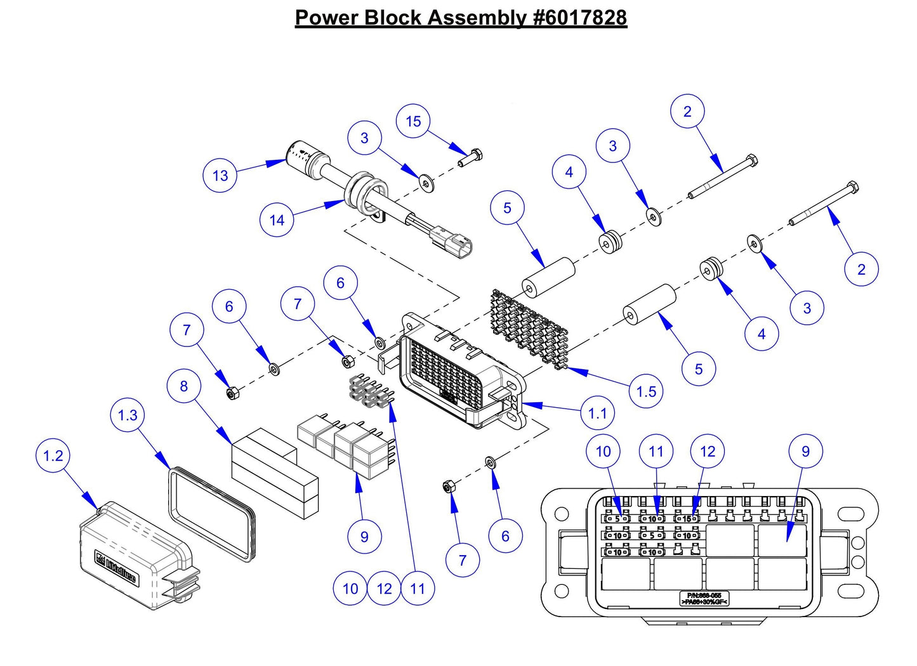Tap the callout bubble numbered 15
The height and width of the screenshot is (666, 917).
coord(413,121)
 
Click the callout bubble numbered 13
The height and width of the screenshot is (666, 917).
coord(220,175)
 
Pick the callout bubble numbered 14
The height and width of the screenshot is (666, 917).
coord(277,220)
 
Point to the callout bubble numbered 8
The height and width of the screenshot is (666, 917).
coord(184,386)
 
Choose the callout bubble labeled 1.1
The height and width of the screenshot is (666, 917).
coord(597,414)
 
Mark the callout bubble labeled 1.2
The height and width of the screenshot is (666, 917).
coord(53,455)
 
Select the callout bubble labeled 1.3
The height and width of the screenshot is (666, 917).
coord(128,415)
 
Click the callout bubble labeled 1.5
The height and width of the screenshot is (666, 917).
coord(646,391)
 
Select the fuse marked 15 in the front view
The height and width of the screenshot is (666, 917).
coord(687,519)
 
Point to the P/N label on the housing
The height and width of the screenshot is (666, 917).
coord(704,598)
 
